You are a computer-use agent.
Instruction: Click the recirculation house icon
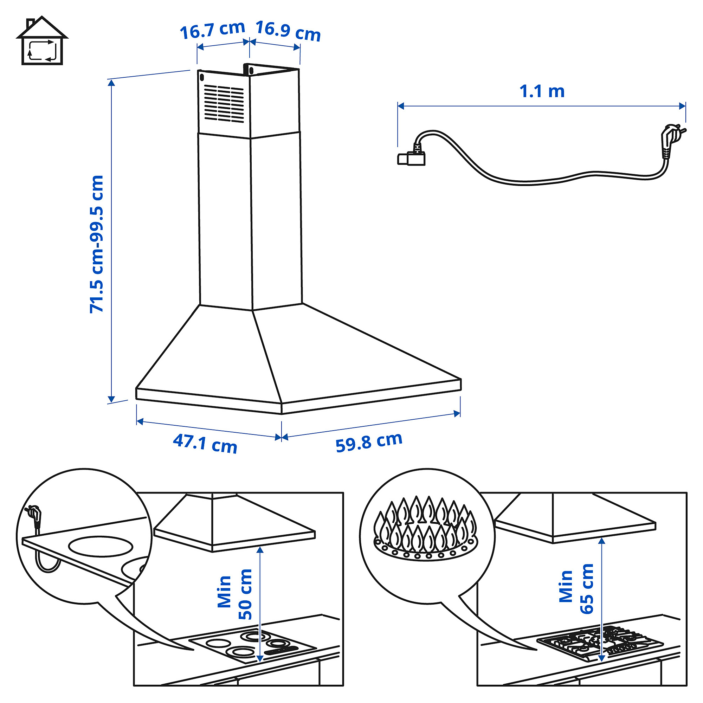[42, 41]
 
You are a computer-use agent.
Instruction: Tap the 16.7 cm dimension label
[212, 30]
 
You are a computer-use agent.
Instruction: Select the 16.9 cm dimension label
[288, 31]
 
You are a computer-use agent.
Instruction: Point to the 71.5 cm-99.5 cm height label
[97, 244]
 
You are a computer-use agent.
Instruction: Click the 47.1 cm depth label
[205, 444]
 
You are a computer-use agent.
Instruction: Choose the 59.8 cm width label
[369, 442]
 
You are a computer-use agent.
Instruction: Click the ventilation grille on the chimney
[224, 104]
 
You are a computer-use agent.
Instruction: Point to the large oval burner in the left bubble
[101, 546]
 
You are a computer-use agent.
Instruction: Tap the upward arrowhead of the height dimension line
[111, 83]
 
